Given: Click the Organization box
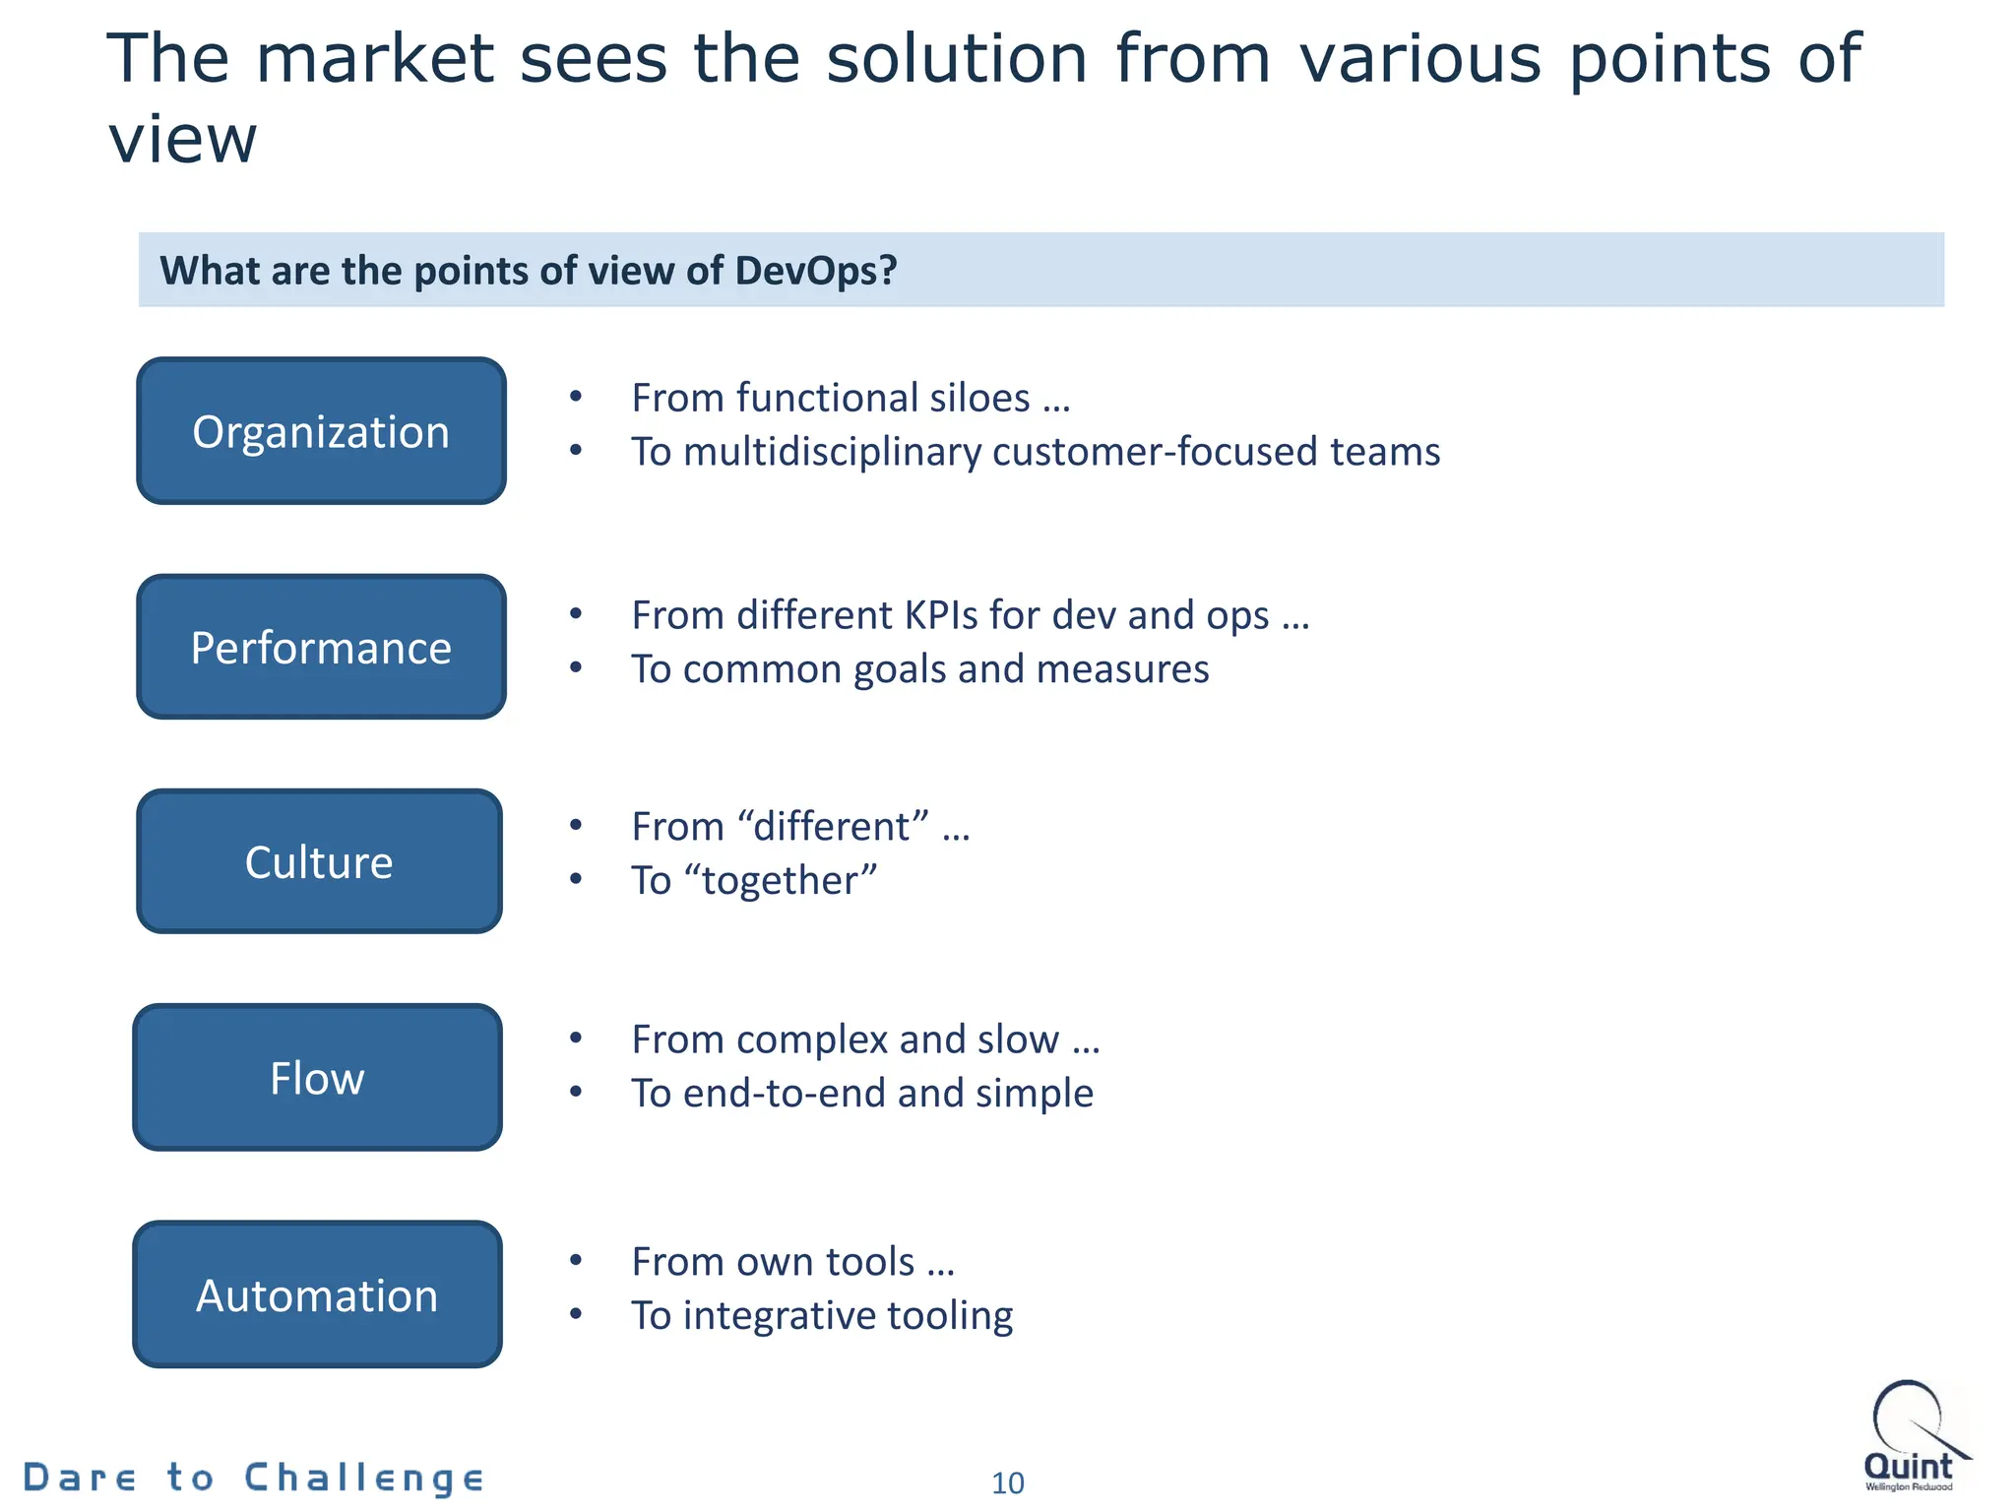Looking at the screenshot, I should (x=321, y=431).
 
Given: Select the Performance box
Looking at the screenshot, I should (x=321, y=647).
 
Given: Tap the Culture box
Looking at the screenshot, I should (x=319, y=861).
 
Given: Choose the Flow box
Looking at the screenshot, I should (x=317, y=1077).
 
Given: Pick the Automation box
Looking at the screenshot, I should (x=317, y=1294).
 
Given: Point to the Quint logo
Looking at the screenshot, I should (x=1910, y=1437).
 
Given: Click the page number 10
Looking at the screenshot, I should (x=1007, y=1482).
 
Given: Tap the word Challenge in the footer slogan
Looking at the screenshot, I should (x=364, y=1478).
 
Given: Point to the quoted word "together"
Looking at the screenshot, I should (x=788, y=880).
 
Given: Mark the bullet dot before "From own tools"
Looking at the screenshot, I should (x=576, y=1260).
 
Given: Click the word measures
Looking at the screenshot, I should (x=1122, y=669).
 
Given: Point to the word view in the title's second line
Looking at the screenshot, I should (x=182, y=140).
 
